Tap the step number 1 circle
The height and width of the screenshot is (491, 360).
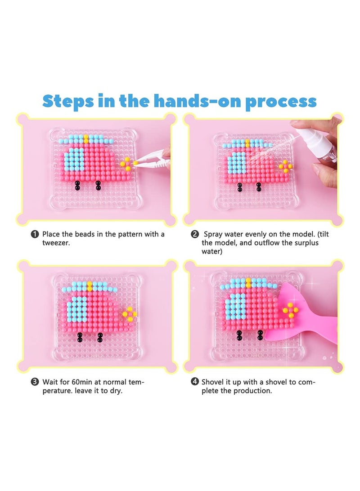tap(35, 234)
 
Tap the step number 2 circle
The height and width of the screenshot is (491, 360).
tap(194, 234)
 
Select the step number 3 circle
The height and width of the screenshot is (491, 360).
tap(35, 382)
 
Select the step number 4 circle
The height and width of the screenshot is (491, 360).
tap(194, 382)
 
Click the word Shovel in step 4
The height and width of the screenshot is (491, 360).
tap(213, 382)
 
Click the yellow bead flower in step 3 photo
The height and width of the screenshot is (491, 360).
tap(129, 314)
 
